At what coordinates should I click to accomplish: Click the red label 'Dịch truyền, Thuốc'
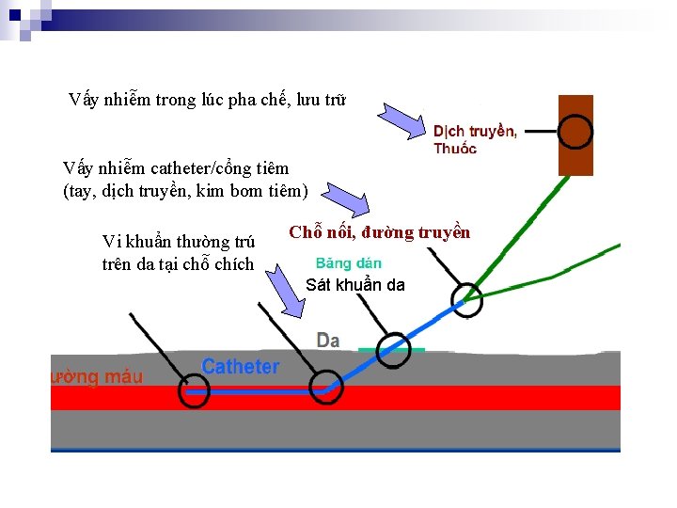point(474,139)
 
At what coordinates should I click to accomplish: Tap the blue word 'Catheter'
point(240,367)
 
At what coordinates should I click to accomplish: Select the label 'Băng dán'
point(348,263)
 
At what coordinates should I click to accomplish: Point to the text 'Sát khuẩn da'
point(355,285)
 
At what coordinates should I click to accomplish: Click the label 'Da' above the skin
point(328,340)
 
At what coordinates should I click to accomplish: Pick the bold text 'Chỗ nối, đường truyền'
point(380,232)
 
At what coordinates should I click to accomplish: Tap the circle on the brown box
point(575,133)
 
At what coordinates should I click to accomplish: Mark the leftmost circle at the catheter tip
point(194,390)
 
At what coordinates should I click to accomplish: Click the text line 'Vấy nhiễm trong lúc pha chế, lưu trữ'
point(208,100)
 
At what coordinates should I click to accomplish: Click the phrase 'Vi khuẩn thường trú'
point(178,242)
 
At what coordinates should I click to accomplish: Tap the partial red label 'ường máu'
point(96,377)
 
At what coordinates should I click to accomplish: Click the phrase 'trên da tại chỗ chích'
point(178,264)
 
